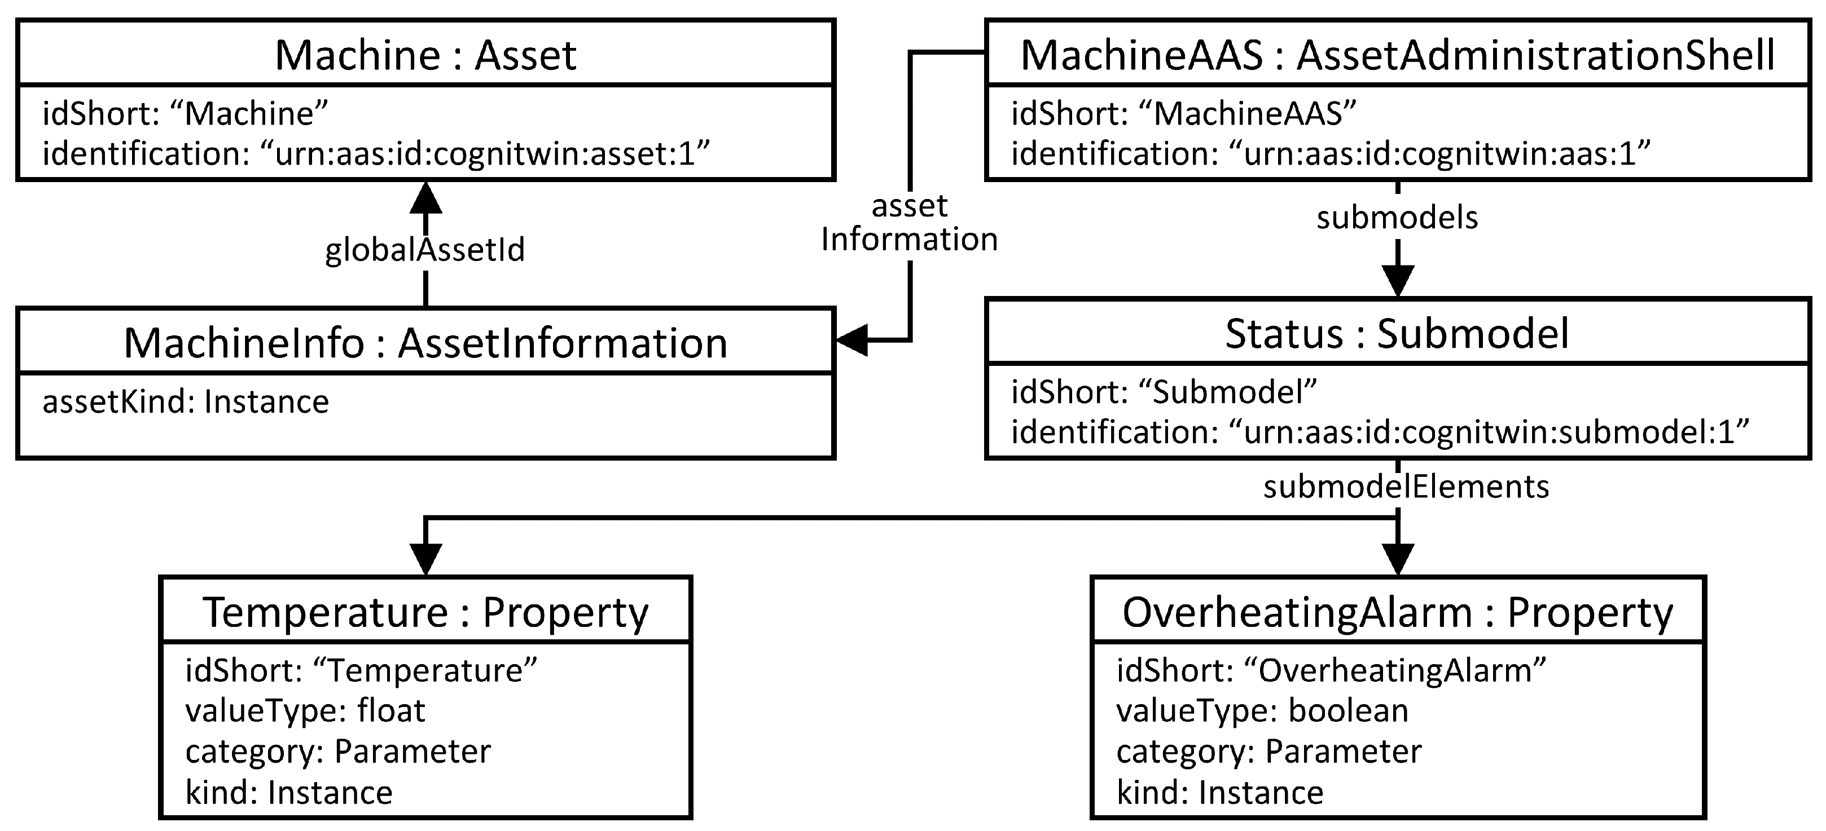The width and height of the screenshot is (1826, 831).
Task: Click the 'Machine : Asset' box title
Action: [425, 55]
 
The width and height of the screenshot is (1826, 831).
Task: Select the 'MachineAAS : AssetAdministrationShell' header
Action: [1397, 55]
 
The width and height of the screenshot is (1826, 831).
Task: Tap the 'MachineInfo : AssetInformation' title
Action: [425, 343]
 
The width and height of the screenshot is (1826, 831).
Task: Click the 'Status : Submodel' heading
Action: [1397, 334]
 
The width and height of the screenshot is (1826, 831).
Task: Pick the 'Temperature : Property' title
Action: [425, 612]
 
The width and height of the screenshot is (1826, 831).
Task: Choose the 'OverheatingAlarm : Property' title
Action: [1397, 612]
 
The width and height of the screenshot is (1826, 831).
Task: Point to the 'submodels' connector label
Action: [1397, 218]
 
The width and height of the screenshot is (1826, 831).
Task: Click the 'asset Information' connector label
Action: [910, 223]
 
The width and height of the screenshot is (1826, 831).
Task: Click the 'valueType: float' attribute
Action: [305, 710]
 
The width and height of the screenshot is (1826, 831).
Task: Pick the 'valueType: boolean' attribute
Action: [1262, 710]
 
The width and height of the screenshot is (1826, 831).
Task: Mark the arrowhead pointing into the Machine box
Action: [425, 198]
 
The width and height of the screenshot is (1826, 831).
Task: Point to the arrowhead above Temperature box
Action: [425, 559]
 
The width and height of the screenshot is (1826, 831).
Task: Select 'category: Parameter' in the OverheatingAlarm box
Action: [1269, 752]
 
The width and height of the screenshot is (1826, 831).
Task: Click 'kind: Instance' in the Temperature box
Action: [288, 793]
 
